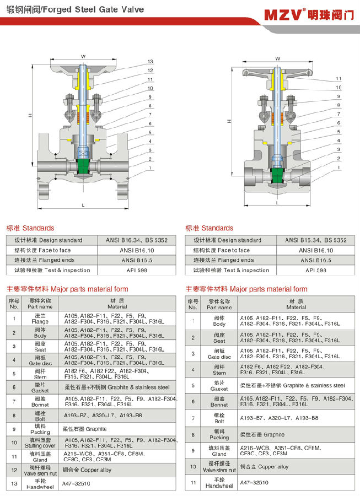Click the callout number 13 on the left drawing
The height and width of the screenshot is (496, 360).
(150, 61)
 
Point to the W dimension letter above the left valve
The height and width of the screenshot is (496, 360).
(83, 56)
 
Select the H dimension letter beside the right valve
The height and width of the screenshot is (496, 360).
(228, 121)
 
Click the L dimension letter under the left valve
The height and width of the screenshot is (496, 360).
(83, 205)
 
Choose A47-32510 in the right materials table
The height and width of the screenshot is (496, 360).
(254, 482)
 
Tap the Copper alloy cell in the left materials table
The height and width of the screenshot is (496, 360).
(88, 470)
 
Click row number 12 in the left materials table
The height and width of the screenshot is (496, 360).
(13, 470)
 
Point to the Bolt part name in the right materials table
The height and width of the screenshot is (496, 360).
(219, 419)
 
